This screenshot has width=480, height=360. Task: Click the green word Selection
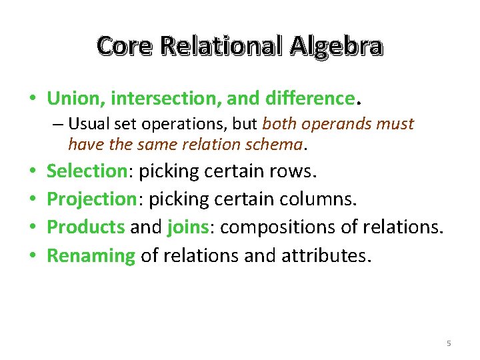pyautogui.click(x=87, y=171)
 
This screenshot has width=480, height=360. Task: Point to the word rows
pyautogui.click(x=292, y=171)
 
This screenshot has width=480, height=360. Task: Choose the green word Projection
pyautogui.click(x=91, y=199)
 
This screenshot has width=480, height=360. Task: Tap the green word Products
pyautogui.click(x=86, y=227)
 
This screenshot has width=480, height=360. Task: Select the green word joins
pyautogui.click(x=188, y=227)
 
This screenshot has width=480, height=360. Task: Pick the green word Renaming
pyautogui.click(x=91, y=255)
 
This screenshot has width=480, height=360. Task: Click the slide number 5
pyautogui.click(x=449, y=343)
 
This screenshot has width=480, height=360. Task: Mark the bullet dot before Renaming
pyautogui.click(x=32, y=255)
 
